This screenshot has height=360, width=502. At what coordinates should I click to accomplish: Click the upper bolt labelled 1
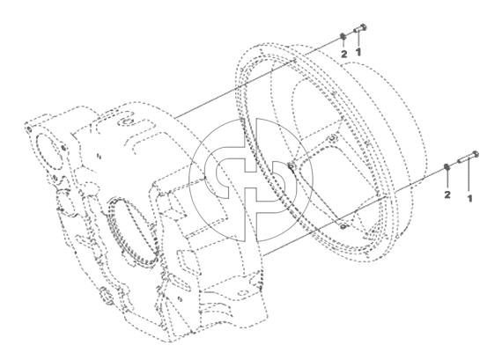click(360, 29)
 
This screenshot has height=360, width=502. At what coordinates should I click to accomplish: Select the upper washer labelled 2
click(343, 36)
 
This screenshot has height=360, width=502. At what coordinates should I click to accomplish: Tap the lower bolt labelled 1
click(469, 158)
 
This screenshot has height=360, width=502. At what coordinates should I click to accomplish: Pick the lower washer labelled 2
click(447, 167)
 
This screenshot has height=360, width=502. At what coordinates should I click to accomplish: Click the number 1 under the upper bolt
click(358, 51)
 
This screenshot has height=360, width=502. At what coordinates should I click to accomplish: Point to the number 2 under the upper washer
click(343, 54)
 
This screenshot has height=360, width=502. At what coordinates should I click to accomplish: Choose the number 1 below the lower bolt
click(470, 198)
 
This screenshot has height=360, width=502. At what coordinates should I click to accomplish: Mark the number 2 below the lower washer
click(447, 195)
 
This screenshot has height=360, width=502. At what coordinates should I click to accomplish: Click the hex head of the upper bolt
click(364, 27)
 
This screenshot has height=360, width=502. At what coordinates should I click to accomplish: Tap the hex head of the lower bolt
click(476, 154)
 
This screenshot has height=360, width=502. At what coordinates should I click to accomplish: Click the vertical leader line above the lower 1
click(469, 177)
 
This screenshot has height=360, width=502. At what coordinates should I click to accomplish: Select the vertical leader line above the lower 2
click(447, 180)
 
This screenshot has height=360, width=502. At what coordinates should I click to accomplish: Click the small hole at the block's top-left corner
click(28, 129)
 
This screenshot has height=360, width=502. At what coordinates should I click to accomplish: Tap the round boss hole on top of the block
click(124, 122)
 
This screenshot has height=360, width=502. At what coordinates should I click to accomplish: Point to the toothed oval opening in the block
click(132, 231)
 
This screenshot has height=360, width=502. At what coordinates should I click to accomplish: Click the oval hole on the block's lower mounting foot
click(242, 292)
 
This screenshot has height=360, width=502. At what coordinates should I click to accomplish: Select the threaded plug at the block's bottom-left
click(106, 296)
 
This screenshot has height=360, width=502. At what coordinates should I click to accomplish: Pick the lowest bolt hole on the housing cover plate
click(343, 226)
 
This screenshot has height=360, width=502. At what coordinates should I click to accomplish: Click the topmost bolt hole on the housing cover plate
click(331, 138)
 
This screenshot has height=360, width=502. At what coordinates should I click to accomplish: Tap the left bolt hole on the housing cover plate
click(292, 166)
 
